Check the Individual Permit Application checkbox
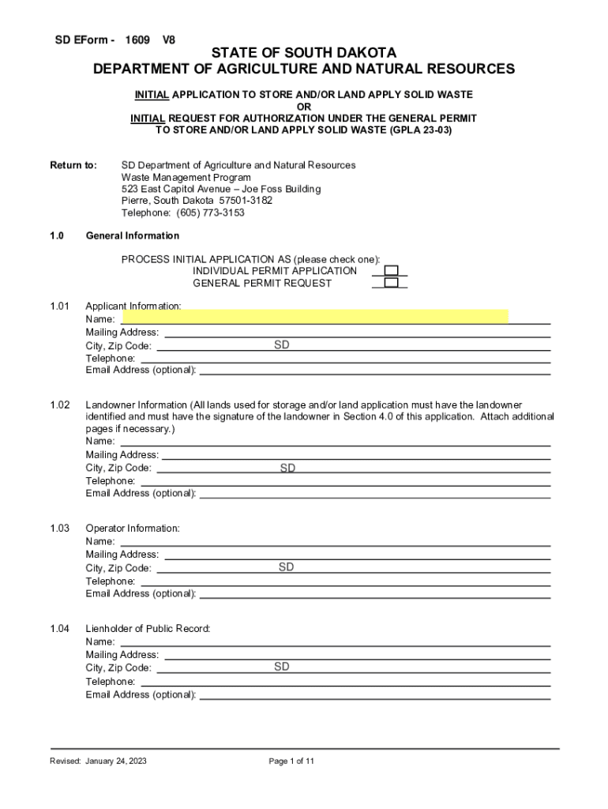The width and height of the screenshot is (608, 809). click(x=390, y=271)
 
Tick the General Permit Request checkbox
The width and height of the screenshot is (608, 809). click(x=390, y=283)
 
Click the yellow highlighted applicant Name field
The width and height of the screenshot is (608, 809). click(x=315, y=318)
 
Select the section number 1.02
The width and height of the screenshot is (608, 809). click(x=60, y=404)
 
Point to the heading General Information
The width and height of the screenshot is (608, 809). click(x=132, y=236)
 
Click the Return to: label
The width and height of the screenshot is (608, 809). click(x=73, y=166)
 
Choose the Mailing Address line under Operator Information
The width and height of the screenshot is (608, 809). click(x=355, y=555)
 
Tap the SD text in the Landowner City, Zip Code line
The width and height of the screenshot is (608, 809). click(x=287, y=468)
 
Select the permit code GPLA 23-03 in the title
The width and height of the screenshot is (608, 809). click(x=421, y=130)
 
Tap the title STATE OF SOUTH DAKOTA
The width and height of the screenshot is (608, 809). click(x=304, y=53)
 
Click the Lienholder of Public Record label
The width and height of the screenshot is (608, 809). click(x=148, y=629)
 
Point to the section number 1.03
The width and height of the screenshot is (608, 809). click(x=60, y=529)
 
